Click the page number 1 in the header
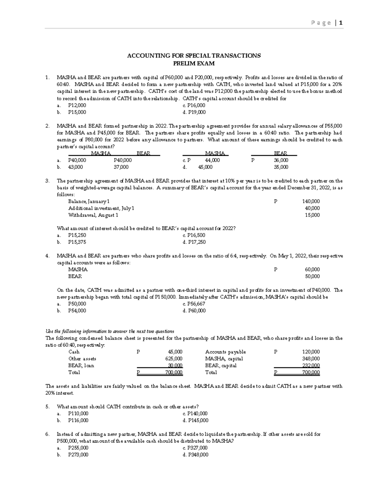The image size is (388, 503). point(341,23)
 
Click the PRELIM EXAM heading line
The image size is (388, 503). point(194,63)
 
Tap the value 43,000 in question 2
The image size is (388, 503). point(75,167)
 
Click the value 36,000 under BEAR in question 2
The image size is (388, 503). point(281,160)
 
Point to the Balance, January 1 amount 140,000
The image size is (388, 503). point(311,201)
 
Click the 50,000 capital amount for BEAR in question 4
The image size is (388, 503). point(312,276)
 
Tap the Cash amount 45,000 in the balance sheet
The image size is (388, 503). point(175,352)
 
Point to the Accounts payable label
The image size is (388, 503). point(225,352)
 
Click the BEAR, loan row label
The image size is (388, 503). point(81,366)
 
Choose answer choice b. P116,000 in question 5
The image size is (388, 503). point(78,420)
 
